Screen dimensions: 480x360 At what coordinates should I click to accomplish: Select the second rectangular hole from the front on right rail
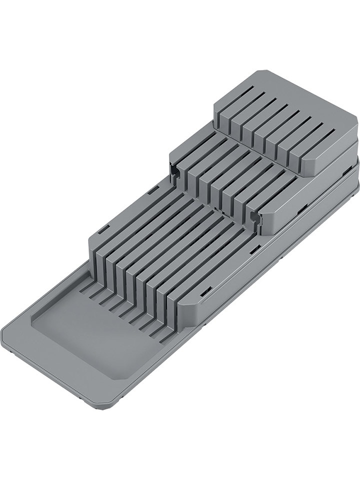[x=255, y=248]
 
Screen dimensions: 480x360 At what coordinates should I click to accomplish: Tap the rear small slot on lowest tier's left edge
[x=153, y=190]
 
